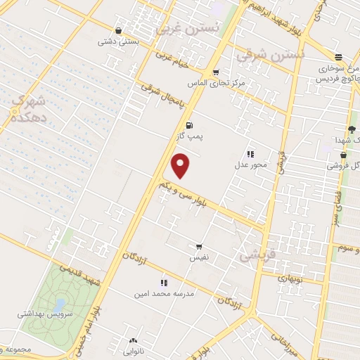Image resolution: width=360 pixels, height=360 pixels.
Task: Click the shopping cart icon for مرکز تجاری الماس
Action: (x=216, y=72)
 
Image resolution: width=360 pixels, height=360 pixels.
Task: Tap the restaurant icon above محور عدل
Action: (x=250, y=154)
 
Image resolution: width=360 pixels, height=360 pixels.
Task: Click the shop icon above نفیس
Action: (x=199, y=247)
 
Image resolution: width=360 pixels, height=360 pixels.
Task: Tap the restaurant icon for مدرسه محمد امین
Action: (x=164, y=283)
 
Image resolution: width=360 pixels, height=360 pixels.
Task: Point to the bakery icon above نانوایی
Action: (x=134, y=341)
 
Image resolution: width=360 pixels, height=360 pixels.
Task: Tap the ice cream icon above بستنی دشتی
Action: (x=117, y=31)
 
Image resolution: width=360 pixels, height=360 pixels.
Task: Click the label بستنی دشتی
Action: (x=117, y=41)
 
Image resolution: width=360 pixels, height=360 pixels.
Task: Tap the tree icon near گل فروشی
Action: (x=352, y=129)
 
